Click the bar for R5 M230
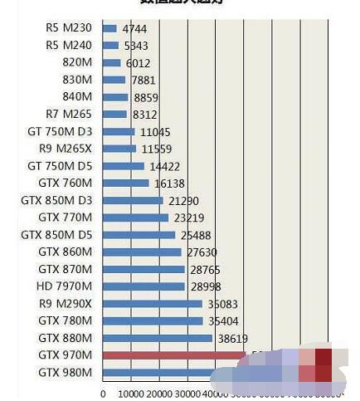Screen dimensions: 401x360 click(109, 28)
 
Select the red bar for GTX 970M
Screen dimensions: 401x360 click(173, 355)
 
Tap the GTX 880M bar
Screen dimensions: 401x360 click(158, 338)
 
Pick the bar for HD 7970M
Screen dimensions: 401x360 click(144, 286)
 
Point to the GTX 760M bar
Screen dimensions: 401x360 click(126, 183)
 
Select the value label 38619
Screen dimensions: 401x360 click(233, 339)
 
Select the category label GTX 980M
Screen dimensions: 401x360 click(66, 373)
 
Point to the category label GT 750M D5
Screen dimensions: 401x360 click(60, 166)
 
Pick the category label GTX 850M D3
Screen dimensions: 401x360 click(56, 200)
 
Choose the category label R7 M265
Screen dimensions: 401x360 click(70, 114)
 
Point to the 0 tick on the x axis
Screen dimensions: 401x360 click(103, 394)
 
